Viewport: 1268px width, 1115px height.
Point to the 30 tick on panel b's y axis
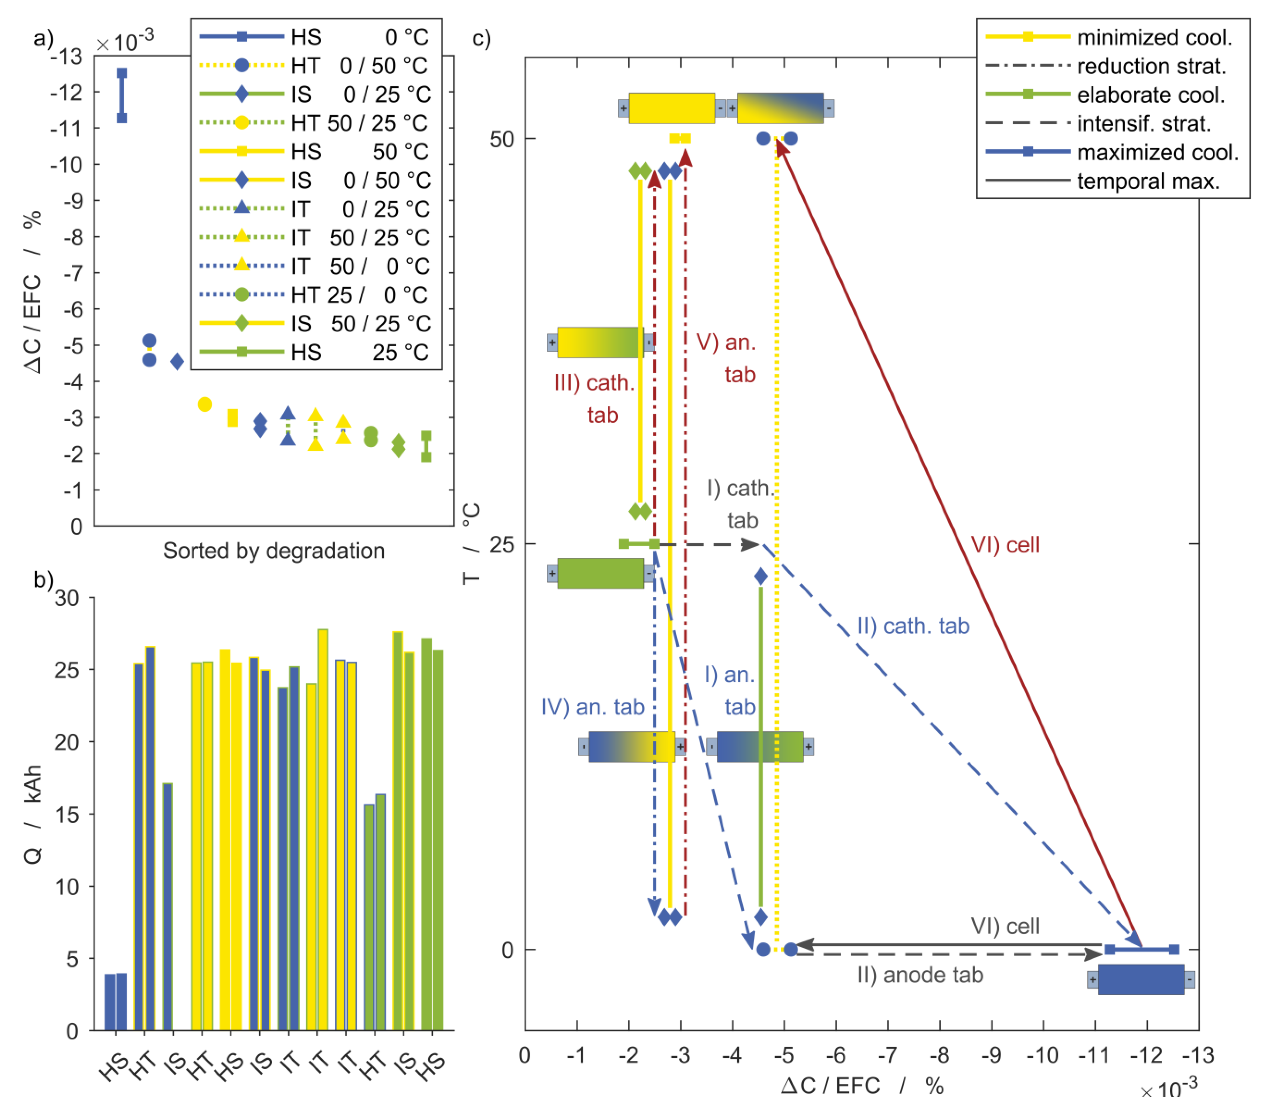point(67,598)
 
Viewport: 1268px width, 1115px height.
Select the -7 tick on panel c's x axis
point(888,1055)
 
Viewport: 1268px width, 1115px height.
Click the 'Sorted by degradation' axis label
point(274,550)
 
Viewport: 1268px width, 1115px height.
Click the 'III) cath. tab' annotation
point(594,398)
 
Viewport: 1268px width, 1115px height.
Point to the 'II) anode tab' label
point(920,975)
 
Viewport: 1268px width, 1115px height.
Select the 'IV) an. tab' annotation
point(592,707)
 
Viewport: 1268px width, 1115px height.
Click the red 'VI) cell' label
point(1005,545)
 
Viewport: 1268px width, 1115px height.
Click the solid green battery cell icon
point(600,573)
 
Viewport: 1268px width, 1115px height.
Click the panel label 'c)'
point(482,38)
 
